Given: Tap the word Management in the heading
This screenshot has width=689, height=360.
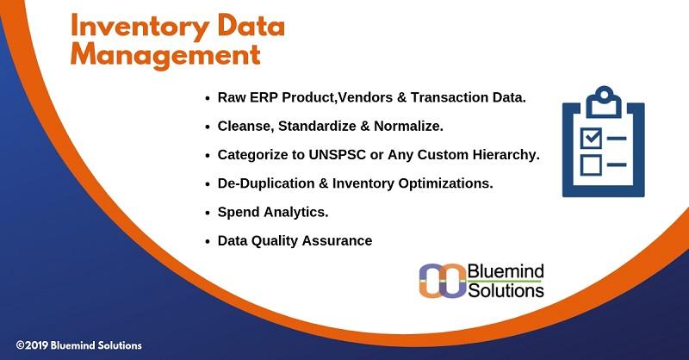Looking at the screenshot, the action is [x=165, y=55].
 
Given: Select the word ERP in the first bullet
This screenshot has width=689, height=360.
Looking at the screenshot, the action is [x=264, y=97].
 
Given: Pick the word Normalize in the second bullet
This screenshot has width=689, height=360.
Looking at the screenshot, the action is [x=408, y=126].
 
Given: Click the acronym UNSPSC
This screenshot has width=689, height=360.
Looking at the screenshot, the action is [x=337, y=155].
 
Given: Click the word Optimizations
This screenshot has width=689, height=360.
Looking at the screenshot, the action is [x=445, y=183].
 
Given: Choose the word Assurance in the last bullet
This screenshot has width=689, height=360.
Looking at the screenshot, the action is [x=337, y=241].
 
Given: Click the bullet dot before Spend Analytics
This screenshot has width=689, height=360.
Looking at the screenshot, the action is [x=208, y=214].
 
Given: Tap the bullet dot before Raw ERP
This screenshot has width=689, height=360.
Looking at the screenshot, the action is [x=208, y=98].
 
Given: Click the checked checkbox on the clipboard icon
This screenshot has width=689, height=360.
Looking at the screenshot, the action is [x=591, y=138].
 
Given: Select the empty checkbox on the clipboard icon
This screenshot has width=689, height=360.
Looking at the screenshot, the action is [x=591, y=164].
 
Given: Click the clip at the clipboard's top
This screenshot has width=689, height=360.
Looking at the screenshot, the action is [x=605, y=102].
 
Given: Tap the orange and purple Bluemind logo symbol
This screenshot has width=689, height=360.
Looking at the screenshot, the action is [x=442, y=281].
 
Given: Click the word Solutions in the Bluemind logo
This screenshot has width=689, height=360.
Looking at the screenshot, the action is [x=506, y=290].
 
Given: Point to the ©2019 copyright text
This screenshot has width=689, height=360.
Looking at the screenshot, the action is [x=78, y=345].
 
